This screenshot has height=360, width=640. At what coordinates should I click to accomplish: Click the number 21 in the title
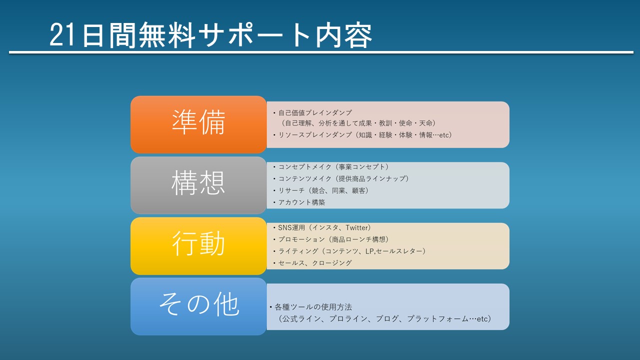tap(63, 35)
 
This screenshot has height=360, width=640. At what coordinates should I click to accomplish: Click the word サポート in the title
tap(254, 35)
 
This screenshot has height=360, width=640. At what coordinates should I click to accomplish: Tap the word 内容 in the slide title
tap(343, 35)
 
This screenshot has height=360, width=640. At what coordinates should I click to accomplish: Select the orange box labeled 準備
tap(198, 124)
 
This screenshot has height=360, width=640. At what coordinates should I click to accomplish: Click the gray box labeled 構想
tap(198, 185)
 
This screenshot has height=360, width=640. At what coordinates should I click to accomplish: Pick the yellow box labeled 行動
tap(198, 246)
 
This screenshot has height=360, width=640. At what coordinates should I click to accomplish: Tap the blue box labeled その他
tap(198, 306)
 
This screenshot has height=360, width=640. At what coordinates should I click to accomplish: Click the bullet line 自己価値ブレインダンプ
tap(312, 113)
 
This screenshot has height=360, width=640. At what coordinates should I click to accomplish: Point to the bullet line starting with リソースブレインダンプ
tap(362, 135)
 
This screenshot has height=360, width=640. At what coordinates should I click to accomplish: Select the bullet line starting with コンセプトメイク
tap(331, 166)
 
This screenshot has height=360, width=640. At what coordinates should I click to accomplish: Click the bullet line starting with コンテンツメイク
tap(341, 178)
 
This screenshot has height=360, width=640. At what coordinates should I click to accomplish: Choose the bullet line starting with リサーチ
tap(321, 190)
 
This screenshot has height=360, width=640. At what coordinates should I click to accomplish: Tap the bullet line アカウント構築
tap(299, 202)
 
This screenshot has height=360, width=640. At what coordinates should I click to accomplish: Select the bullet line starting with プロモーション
tap(331, 239)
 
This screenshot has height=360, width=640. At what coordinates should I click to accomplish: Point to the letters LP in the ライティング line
tap(369, 251)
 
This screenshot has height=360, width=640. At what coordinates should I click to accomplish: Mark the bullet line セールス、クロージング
tap(312, 263)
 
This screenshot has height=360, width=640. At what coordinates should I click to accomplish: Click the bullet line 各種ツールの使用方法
tap(311, 307)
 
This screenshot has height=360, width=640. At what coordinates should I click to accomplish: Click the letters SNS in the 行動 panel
tap(284, 227)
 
